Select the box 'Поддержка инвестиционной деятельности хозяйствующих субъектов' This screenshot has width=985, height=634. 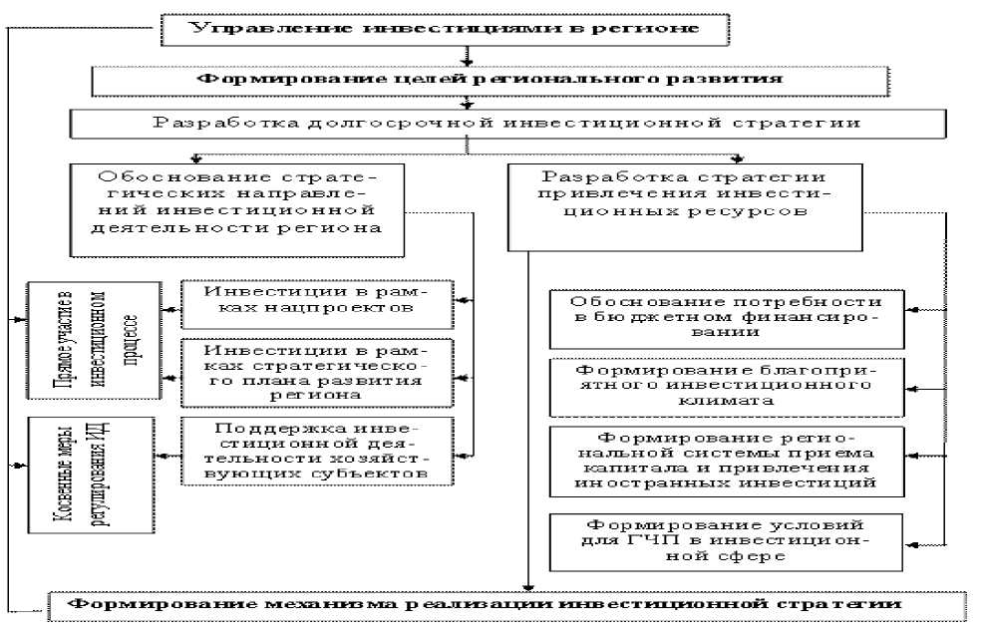[x=316, y=450]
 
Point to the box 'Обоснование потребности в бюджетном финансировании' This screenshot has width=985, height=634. [x=725, y=317]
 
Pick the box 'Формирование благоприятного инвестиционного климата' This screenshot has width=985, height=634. [x=725, y=384]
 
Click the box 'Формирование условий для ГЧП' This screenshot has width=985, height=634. [x=725, y=541]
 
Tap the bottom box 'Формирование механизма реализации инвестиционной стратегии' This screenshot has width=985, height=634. [x=508, y=604]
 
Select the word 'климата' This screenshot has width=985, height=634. [x=725, y=401]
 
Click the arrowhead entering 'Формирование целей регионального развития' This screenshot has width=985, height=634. [x=465, y=62]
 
